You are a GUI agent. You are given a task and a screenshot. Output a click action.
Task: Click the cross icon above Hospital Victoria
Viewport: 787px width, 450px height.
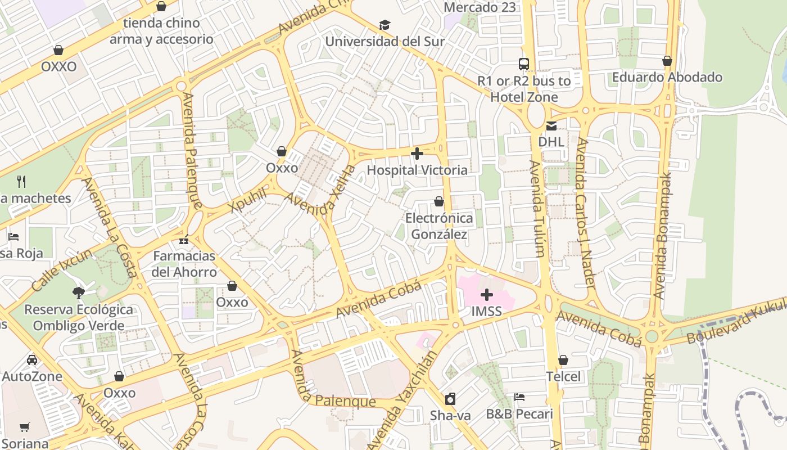point(417,154)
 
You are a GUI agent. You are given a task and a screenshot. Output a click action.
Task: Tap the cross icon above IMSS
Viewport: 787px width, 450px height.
point(487,295)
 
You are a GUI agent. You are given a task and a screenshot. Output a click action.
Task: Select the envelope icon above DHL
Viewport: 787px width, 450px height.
point(551,126)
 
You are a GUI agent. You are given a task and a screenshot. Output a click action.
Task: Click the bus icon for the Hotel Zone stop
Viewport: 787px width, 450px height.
point(524,64)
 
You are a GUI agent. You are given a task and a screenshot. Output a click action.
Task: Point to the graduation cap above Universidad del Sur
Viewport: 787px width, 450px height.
point(385,25)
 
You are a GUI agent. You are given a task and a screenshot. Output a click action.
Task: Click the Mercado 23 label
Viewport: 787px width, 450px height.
point(480,7)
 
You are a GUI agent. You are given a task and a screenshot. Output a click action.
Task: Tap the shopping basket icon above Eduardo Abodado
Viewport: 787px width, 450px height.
point(667,61)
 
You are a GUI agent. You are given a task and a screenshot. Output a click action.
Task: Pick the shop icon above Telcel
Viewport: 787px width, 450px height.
point(563,360)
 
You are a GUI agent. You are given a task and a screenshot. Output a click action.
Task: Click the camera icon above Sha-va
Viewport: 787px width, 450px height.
point(450,399)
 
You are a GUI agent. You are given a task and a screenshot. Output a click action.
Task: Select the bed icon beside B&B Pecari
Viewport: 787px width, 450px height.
point(519,397)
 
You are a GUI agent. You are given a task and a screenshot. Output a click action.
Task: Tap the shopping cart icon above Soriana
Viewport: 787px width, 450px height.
point(24,427)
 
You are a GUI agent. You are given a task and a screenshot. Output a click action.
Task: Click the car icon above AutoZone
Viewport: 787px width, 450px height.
point(32,360)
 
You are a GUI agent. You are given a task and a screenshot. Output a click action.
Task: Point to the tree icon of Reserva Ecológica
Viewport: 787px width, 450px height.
point(79,292)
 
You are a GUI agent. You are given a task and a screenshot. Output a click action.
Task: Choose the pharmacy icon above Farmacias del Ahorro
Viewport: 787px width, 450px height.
point(184,240)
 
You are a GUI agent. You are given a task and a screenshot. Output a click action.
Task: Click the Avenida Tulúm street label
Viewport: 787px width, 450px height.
point(537,209)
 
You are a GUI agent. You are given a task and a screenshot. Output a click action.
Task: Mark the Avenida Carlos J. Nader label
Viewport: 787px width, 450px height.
point(586,214)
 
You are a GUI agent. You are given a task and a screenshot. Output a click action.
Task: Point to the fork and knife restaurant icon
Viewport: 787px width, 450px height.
point(21,181)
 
